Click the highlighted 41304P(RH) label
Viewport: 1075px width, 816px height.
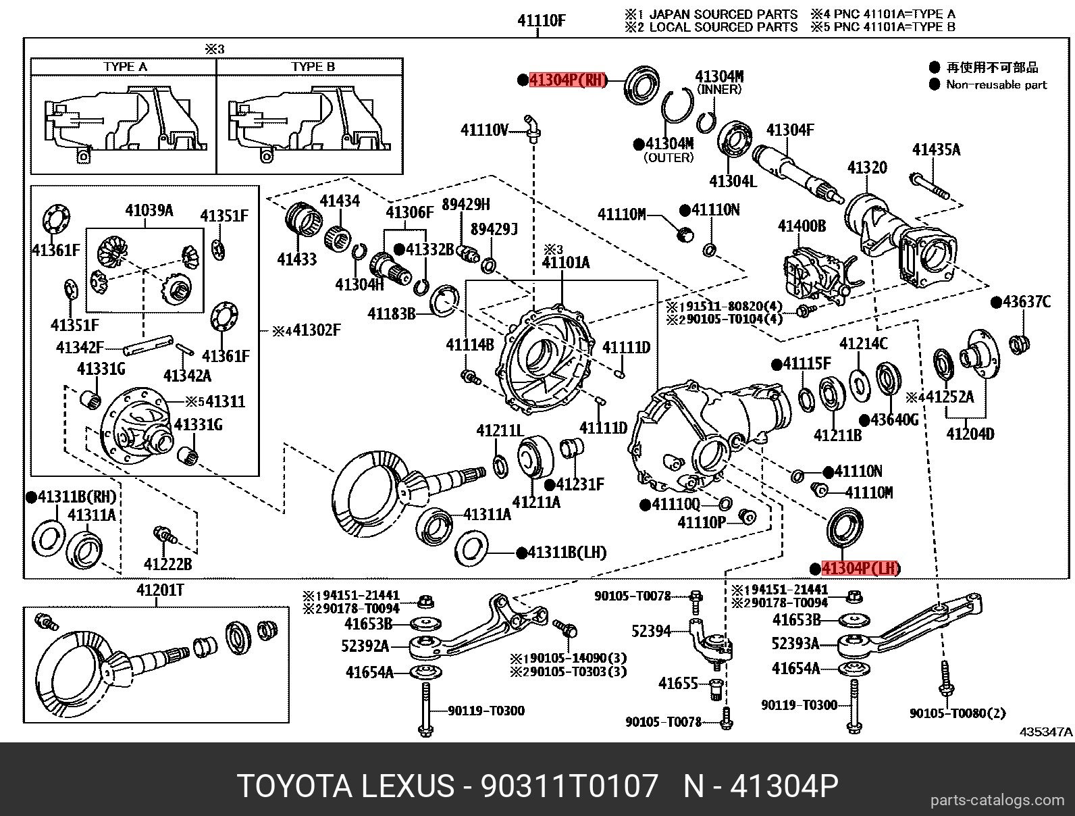tap(568, 80)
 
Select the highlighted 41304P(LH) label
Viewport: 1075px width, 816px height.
tap(860, 568)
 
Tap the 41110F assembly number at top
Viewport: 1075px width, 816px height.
tap(541, 20)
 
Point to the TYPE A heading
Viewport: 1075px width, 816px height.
tap(125, 67)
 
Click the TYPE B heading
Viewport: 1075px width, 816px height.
tap(313, 67)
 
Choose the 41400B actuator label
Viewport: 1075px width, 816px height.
tap(802, 226)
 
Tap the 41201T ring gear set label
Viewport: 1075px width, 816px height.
tap(160, 590)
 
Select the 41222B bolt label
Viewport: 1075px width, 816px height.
tap(167, 563)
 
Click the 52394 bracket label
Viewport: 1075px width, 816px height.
tap(651, 631)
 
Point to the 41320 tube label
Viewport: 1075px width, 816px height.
tap(867, 167)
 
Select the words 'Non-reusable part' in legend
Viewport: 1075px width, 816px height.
tap(996, 84)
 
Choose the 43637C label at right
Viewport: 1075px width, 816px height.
tap(1026, 302)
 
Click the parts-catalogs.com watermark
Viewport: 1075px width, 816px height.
tap(996, 800)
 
